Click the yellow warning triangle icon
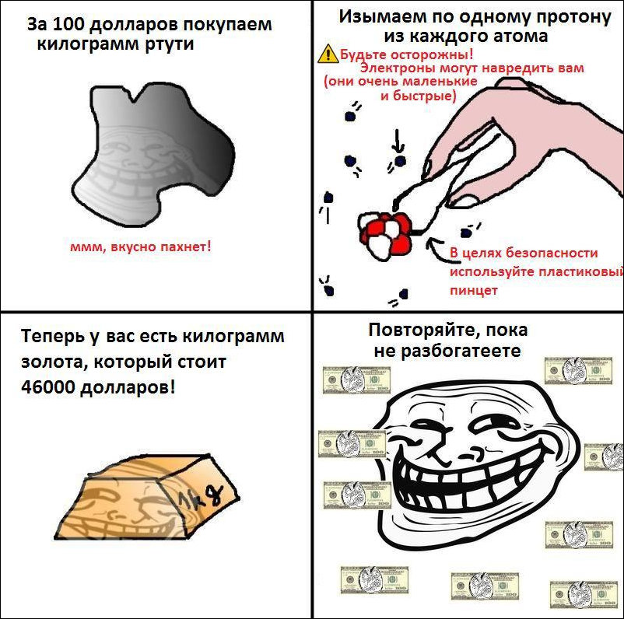328,54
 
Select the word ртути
170,44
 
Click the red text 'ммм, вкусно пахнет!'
141,247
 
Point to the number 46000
47,387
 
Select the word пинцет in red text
474,290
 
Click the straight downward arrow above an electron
397,141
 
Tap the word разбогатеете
461,351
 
